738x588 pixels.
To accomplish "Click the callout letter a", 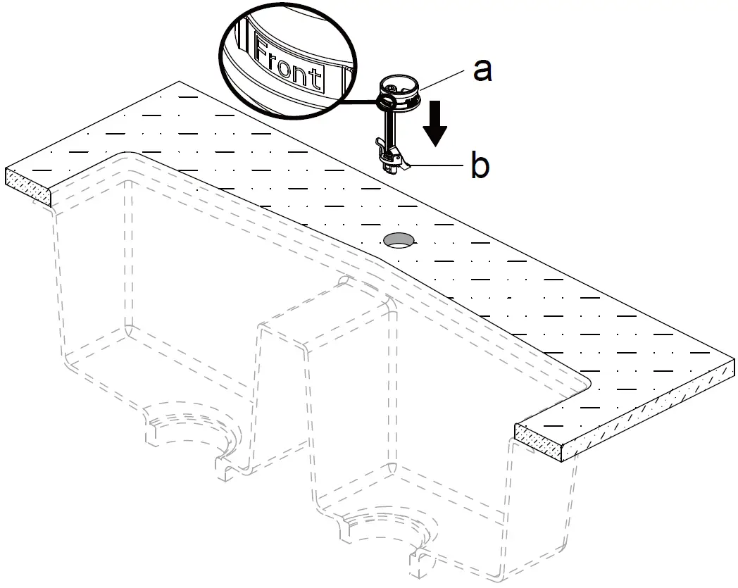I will [x=482, y=70].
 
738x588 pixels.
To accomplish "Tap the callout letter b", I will [x=480, y=167].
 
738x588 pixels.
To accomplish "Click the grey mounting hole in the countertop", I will [x=399, y=239].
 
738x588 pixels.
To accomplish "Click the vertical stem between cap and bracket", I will [x=389, y=127].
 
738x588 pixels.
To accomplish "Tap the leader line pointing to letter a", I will [x=444, y=77].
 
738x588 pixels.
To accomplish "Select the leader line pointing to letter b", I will [x=437, y=166].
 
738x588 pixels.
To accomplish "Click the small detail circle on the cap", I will [x=384, y=104].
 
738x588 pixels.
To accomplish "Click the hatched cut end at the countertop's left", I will [x=29, y=187].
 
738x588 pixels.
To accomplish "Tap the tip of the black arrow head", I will [x=437, y=145].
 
